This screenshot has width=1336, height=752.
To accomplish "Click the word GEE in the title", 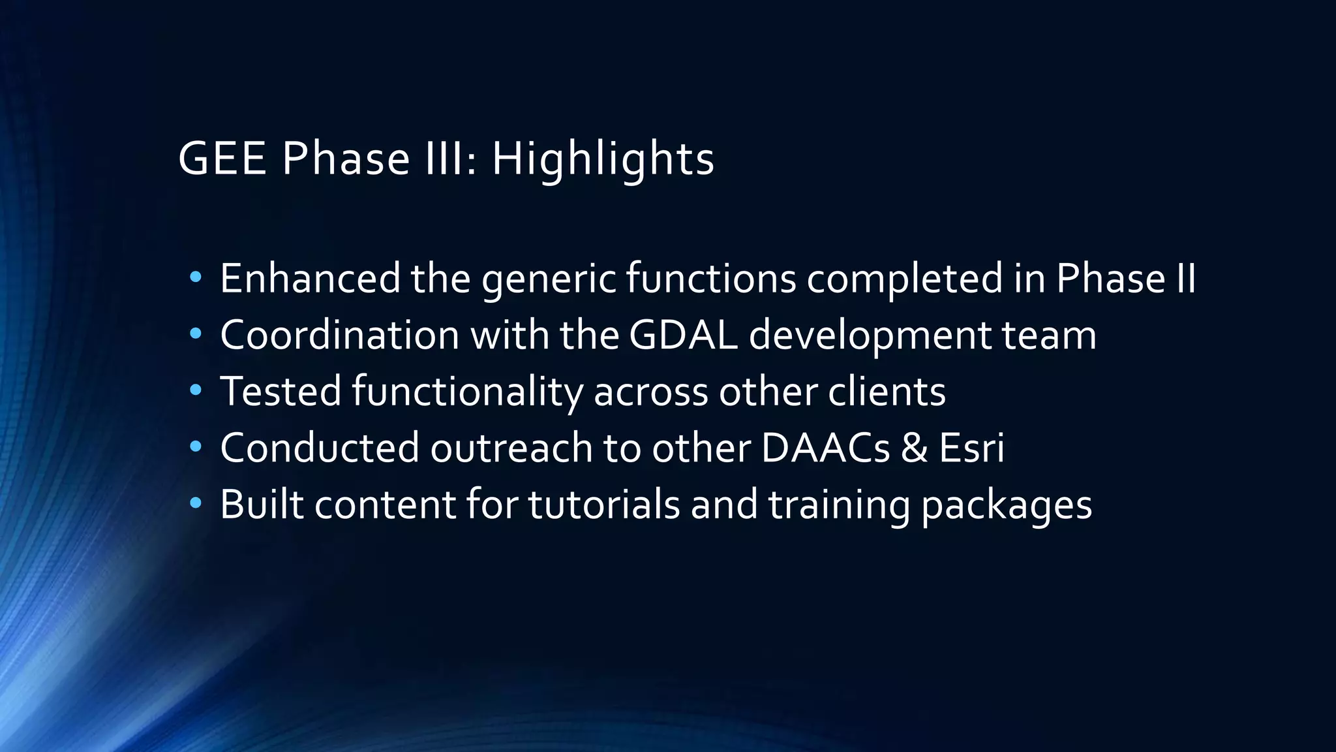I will pyautogui.click(x=222, y=159).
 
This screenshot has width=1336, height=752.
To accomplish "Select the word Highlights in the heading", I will pyautogui.click(x=603, y=160).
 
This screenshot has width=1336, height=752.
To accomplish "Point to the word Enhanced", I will pyautogui.click(x=310, y=279).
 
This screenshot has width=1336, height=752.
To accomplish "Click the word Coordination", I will pyautogui.click(x=340, y=336).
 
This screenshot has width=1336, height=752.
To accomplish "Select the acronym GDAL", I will pyautogui.click(x=684, y=336).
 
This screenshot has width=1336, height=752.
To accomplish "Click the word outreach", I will pyautogui.click(x=511, y=448).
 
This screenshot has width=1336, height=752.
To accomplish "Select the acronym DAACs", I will pyautogui.click(x=825, y=448).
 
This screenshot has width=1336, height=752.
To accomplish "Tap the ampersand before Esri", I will pyautogui.click(x=914, y=448).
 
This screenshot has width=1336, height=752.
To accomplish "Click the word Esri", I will pyautogui.click(x=971, y=448).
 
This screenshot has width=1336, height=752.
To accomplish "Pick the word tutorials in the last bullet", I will pyautogui.click(x=604, y=505).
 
